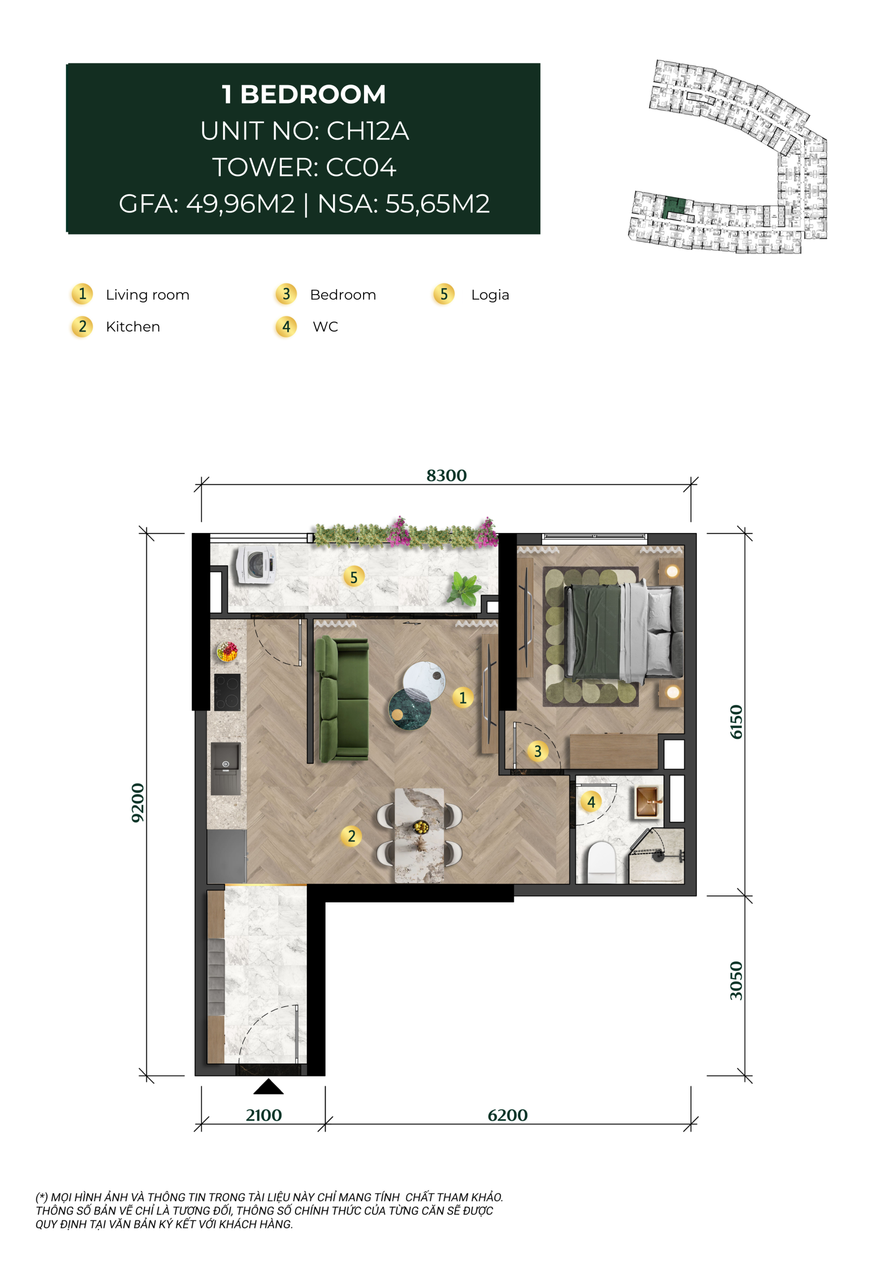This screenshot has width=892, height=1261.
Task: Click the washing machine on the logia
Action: [x=256, y=564]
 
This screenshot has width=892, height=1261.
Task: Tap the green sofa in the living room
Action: [x=342, y=699]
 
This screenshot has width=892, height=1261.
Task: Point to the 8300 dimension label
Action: [x=447, y=476]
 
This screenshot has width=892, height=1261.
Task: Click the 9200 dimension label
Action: [x=138, y=803]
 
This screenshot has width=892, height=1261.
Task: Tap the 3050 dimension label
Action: [x=736, y=981]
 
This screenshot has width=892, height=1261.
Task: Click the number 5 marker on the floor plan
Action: [x=354, y=577]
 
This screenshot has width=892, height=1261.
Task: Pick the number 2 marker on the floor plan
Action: [x=352, y=836]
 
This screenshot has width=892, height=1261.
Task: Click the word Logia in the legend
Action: [x=490, y=296]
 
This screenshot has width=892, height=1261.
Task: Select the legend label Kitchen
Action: [x=133, y=327]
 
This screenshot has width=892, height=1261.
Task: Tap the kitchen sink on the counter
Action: [x=226, y=768]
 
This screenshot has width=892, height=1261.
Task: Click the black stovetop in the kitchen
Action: [x=228, y=693]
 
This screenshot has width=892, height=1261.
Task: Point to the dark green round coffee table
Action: [x=409, y=710]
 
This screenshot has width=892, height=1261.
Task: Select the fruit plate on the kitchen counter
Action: [x=227, y=651]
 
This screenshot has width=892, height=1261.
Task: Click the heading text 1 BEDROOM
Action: [x=304, y=95]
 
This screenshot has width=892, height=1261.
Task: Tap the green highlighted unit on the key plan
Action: [x=676, y=209]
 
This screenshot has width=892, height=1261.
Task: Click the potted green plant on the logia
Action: [x=464, y=588]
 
